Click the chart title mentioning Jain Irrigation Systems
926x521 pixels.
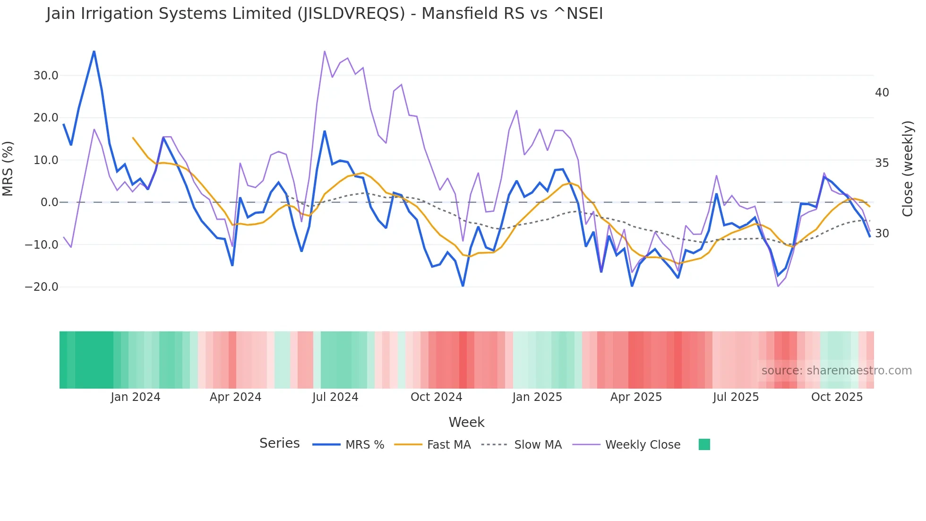(x=324, y=14)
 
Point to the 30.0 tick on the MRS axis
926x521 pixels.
(x=46, y=76)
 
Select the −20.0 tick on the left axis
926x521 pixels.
(x=42, y=287)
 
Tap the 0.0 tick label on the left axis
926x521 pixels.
(x=49, y=202)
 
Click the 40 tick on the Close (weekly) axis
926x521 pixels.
(x=882, y=93)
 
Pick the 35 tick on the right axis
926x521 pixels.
(x=882, y=163)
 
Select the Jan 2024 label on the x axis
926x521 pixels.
(x=136, y=397)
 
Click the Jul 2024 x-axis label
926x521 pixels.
(x=335, y=397)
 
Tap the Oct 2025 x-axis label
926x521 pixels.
(x=837, y=397)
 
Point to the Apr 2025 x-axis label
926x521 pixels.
(x=636, y=397)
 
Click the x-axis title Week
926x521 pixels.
(x=466, y=422)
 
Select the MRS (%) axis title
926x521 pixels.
(x=8, y=168)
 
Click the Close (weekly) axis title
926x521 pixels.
(x=908, y=169)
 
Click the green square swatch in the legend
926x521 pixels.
(x=704, y=444)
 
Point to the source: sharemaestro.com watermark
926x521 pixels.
(x=836, y=371)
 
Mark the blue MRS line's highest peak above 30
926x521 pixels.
(x=94, y=51)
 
